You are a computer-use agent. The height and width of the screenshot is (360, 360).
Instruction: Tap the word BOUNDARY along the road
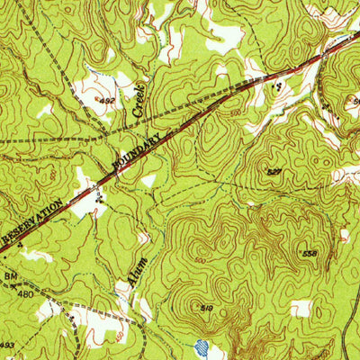pyautogui.click(x=137, y=151)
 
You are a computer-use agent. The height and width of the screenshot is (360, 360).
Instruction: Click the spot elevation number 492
pyautogui.click(x=108, y=102)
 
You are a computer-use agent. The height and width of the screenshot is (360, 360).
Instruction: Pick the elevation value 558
pyautogui.click(x=310, y=254)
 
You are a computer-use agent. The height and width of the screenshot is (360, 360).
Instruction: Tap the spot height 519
pyautogui.click(x=207, y=309)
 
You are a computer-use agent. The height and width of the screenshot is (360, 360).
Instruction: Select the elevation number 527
pyautogui.click(x=274, y=170)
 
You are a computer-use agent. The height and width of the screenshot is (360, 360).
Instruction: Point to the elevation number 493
pyautogui.click(x=7, y=346)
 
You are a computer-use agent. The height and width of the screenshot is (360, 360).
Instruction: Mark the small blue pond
pyautogui.click(x=202, y=346)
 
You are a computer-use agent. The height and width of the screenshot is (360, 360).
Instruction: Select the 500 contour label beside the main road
pyautogui.click(x=234, y=115)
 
